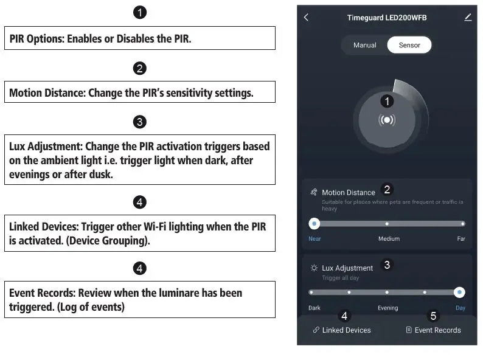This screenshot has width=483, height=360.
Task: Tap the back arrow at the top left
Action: click(306, 18)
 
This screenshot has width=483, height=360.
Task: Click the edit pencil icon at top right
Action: click(468, 18)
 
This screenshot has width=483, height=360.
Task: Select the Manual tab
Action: click(365, 45)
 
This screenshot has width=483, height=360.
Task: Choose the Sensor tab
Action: click(409, 45)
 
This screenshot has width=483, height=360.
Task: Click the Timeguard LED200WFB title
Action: click(387, 18)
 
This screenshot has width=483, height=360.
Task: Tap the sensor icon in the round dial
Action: click(386, 120)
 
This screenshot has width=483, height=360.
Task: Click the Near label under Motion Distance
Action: click(314, 239)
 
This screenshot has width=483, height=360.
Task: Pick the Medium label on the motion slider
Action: click(389, 239)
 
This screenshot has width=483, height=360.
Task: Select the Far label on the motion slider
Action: click(461, 239)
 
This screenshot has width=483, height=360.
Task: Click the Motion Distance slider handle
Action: click(314, 223)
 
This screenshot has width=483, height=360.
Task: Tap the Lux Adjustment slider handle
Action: click(460, 292)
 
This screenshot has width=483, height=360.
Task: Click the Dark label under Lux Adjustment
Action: click(314, 308)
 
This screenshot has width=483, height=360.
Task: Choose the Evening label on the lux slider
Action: click(387, 308)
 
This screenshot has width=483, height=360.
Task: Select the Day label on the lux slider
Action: click(460, 308)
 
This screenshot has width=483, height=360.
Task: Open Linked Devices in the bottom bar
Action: click(341, 330)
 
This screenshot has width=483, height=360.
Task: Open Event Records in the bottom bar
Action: click(433, 330)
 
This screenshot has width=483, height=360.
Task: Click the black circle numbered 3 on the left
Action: click(139, 122)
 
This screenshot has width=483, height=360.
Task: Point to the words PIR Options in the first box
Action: click(36, 38)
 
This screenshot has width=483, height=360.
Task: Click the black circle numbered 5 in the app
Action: click(434, 316)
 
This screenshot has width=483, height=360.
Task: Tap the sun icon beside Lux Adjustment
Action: click(314, 268)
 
